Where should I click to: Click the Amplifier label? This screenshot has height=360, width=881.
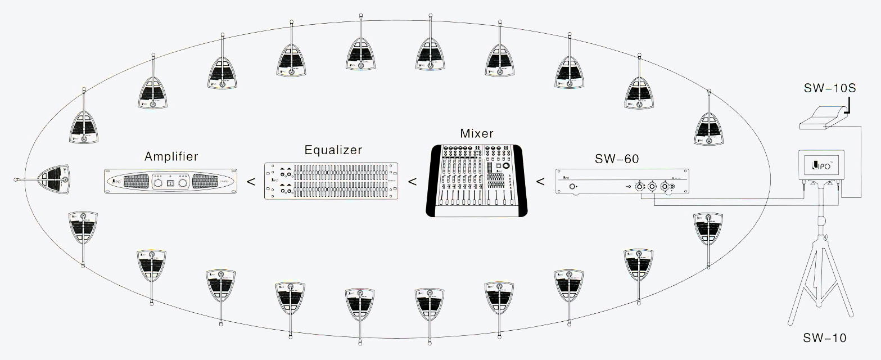click(x=171, y=156)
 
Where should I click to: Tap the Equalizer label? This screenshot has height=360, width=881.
click(x=333, y=150)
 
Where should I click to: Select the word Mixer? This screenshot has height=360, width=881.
click(x=476, y=133)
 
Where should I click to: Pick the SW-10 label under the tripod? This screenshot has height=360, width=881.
click(x=824, y=338)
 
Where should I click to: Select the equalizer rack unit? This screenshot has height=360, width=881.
click(x=331, y=182)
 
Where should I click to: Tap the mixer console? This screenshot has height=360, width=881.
click(x=477, y=181)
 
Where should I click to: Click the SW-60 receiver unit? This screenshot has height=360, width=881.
click(x=622, y=182)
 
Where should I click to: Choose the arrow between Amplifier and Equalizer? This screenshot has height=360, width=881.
click(x=251, y=182)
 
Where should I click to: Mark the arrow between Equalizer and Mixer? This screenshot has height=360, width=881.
click(x=412, y=182)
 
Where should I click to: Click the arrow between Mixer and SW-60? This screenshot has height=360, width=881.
click(x=540, y=182)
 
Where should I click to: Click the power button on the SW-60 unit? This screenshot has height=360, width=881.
click(x=573, y=186)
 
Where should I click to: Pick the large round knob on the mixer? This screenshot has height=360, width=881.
click(x=507, y=168)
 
